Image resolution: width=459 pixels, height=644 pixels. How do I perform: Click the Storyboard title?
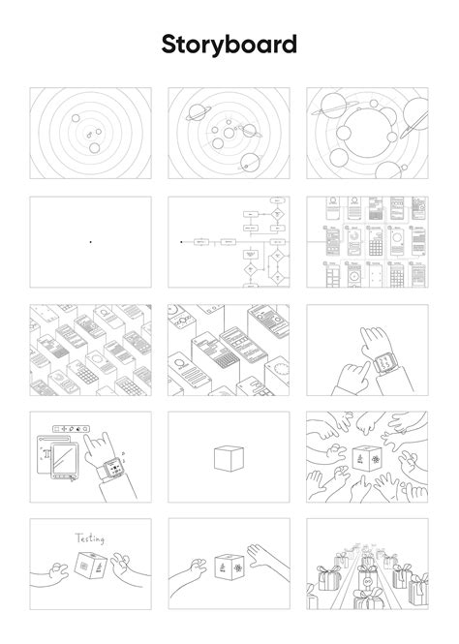229,45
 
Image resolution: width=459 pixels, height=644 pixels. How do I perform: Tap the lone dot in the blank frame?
90,241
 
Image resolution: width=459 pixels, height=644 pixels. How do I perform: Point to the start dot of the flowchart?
181,241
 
